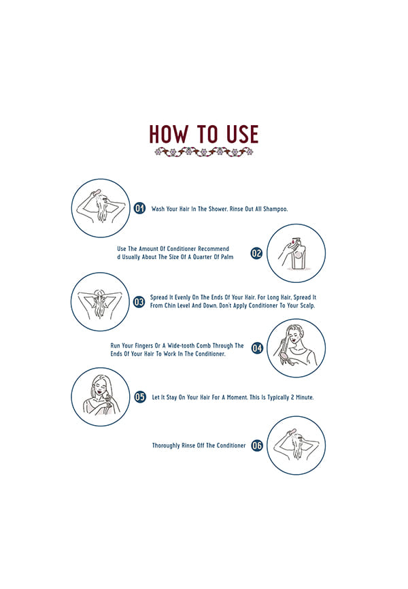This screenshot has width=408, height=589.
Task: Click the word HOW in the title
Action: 169,135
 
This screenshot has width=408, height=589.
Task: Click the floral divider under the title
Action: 203,152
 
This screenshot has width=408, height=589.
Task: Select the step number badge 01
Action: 139,208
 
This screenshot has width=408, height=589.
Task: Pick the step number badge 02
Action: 256,253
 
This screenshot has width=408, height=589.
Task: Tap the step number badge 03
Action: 139,301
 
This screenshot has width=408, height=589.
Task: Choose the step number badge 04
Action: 257,348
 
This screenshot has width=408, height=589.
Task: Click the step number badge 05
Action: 140,397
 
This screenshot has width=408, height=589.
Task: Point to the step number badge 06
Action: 257,445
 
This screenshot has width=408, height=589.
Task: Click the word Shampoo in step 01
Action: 275,209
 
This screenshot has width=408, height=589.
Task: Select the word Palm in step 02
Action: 227,257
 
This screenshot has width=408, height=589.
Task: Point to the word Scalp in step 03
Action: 307,305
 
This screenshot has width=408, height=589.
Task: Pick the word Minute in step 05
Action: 305,397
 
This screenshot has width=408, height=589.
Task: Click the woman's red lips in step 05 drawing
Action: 99,392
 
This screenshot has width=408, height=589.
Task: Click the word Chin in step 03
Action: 170,305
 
